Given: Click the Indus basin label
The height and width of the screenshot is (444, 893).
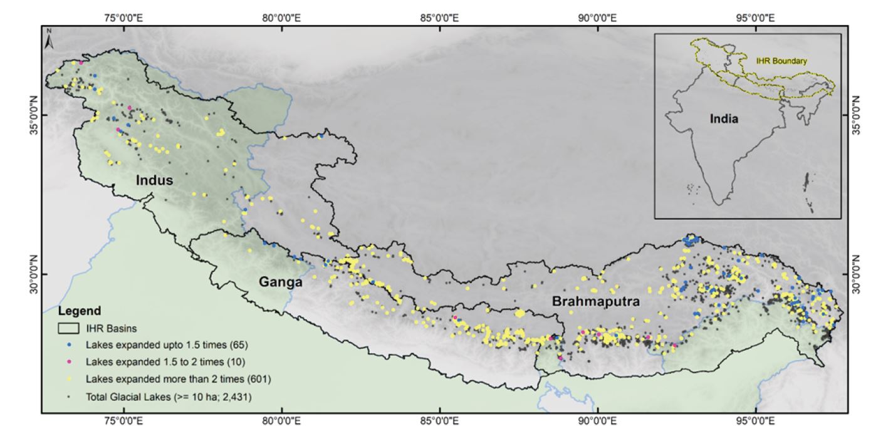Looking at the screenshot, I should coord(154,181).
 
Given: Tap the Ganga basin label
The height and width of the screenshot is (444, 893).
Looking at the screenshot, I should coord(281,282).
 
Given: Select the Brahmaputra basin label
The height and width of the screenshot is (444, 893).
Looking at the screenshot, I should coord(595,302).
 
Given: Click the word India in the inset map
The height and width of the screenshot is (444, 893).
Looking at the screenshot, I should coord(724,118).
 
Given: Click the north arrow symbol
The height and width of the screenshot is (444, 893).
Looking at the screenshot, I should coord(50,39).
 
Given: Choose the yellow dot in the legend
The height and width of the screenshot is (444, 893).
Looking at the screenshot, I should coord(69,379).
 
